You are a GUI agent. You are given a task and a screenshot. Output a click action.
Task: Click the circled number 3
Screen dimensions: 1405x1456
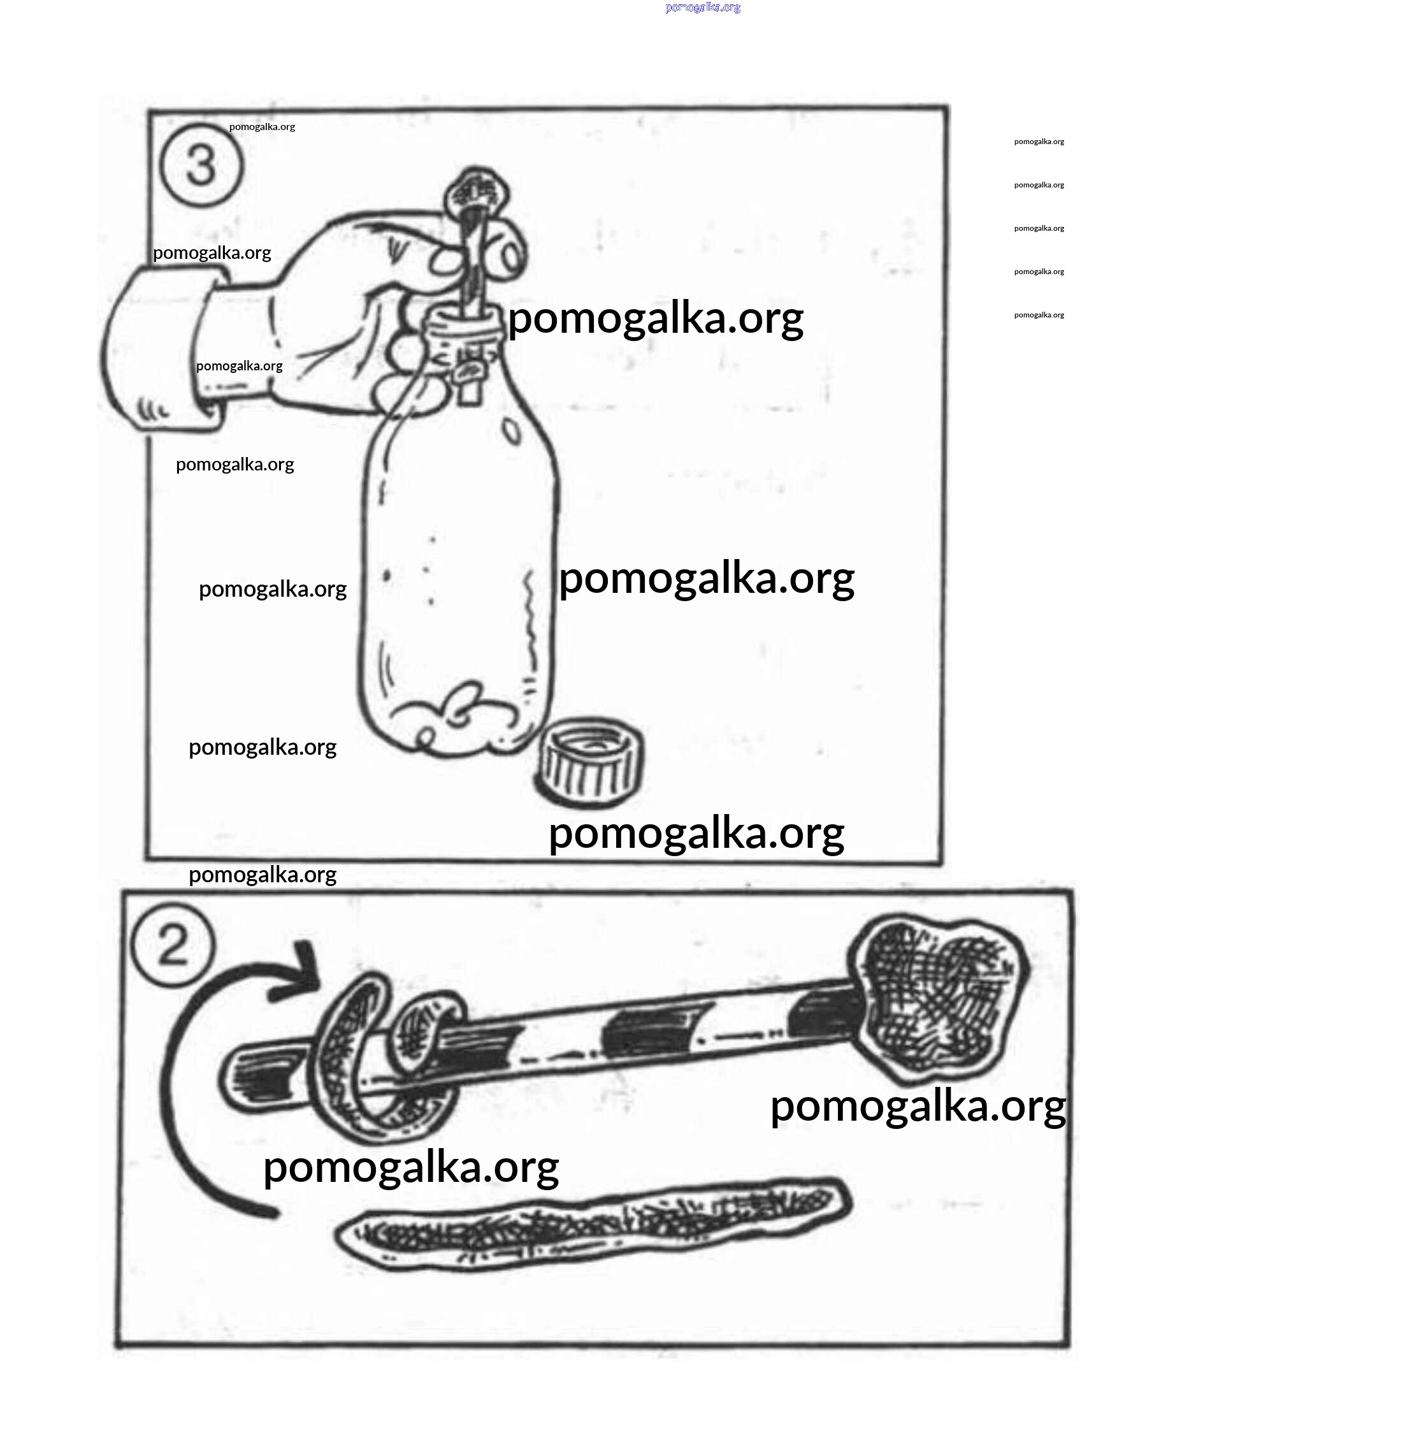pos(201,165)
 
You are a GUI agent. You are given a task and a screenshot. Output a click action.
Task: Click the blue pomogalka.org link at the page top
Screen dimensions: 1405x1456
pos(702,8)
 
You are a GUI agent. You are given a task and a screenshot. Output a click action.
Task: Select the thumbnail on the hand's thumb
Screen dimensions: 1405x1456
pos(512,257)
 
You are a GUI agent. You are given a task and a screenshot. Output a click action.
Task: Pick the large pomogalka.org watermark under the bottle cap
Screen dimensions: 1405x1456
pos(696,833)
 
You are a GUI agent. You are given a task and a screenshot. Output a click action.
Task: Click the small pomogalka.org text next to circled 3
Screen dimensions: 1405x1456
pos(262,127)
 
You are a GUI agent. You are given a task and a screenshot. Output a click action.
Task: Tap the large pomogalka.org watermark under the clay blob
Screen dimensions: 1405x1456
pos(918,1106)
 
